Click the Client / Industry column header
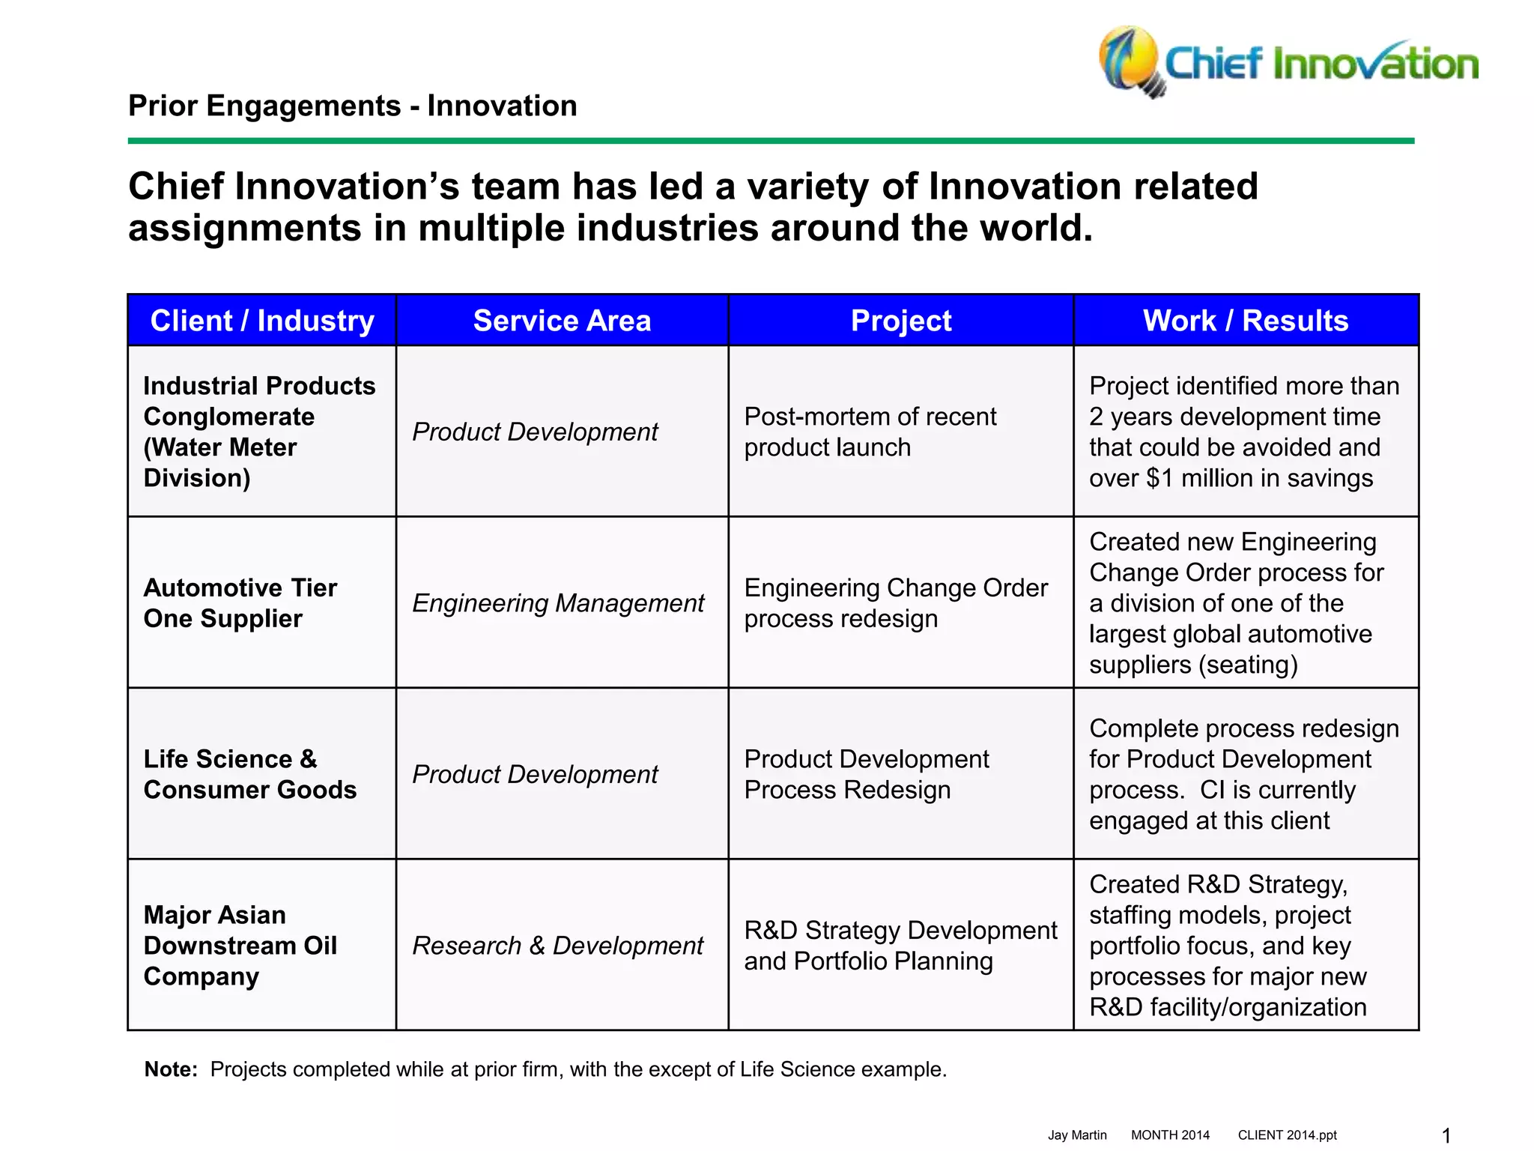click(x=262, y=321)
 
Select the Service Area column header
click(x=562, y=321)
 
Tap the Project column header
click(x=901, y=321)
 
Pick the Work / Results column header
click(x=1246, y=321)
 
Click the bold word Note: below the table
click(x=171, y=1069)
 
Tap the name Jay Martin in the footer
click(x=1076, y=1135)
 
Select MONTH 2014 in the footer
click(x=1170, y=1135)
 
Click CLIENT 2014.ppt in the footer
click(x=1287, y=1135)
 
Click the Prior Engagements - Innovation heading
click(x=353, y=106)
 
